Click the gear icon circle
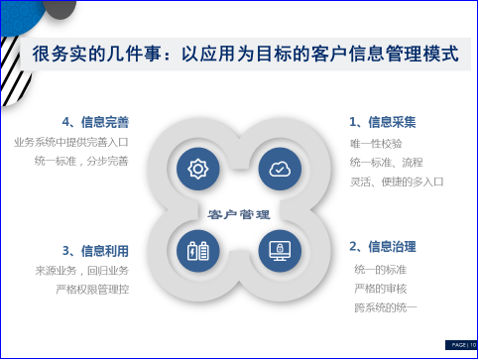[198, 169]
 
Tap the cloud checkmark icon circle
[281, 169]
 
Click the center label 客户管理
[239, 213]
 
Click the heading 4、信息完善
[96, 122]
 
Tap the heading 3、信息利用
[96, 249]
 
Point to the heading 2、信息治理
[382, 246]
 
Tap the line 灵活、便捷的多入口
[397, 181]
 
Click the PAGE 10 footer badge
[457, 344]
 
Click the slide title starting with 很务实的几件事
[248, 53]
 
